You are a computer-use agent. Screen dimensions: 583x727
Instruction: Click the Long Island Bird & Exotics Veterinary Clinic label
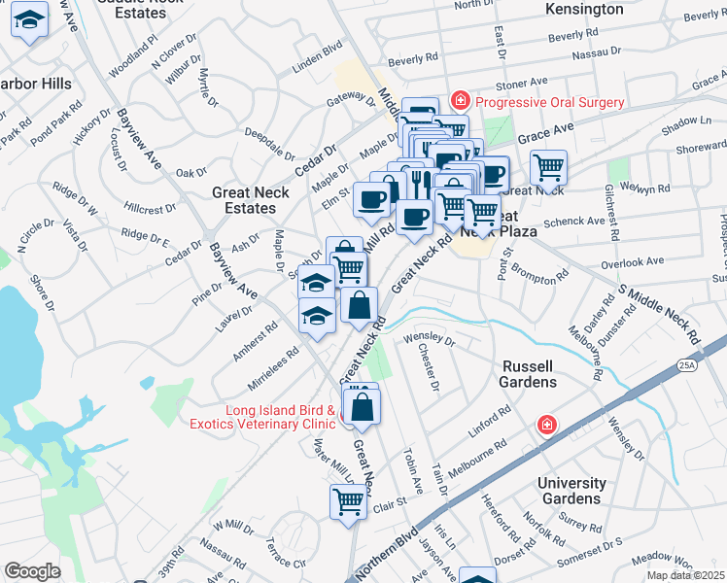tap(282, 417)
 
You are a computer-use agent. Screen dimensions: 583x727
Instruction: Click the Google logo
tap(32, 570)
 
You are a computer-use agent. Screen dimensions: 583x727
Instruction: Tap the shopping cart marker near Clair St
tap(349, 502)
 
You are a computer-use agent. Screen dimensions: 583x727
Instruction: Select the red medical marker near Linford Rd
tap(548, 426)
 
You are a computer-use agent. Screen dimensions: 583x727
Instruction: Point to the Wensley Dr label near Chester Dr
tap(430, 340)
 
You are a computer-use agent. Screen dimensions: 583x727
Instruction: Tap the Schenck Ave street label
tap(574, 222)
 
